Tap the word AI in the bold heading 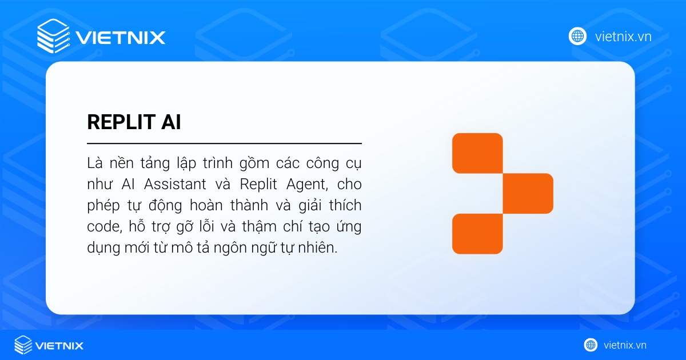coord(170,122)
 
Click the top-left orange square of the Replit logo coord(477,153)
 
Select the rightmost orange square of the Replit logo coord(528,193)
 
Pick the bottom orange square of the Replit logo coord(477,233)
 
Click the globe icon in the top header coord(577,36)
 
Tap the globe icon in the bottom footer coord(591,345)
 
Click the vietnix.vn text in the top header coord(623,37)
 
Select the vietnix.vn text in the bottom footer coord(625,345)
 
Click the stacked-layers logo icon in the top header coord(53,36)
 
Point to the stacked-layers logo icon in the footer coord(23,345)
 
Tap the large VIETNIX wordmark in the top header coord(120,38)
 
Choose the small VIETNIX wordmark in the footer coord(59,345)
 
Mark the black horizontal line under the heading coord(224,143)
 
